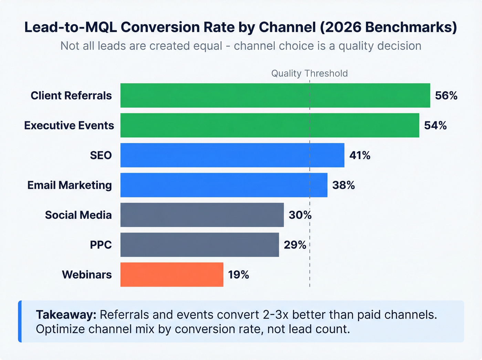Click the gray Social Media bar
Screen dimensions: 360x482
(202, 215)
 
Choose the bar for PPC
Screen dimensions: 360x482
(199, 245)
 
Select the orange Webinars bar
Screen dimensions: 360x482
(171, 275)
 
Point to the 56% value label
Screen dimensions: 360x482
(446, 95)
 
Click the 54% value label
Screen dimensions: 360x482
(435, 125)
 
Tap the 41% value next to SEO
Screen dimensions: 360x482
(360, 155)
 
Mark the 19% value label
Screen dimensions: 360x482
(238, 275)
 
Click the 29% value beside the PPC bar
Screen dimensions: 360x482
(295, 245)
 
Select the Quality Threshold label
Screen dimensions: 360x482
(309, 73)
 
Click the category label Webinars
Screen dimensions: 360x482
(87, 275)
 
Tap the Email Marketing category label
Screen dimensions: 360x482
(70, 185)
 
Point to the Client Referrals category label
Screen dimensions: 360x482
(71, 95)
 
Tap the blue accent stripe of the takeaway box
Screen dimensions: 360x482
(20, 321)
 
